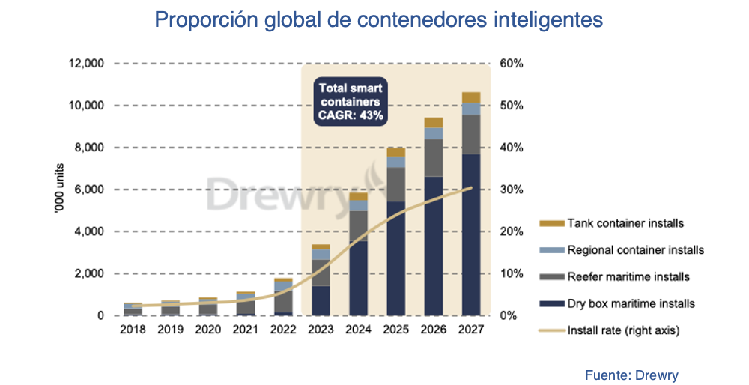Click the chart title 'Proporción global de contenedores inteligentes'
pyautogui.click(x=378, y=20)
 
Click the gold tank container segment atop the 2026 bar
pyautogui.click(x=434, y=122)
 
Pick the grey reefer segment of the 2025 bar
pyautogui.click(x=396, y=184)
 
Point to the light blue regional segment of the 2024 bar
pyautogui.click(x=359, y=205)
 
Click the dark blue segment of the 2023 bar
pyautogui.click(x=321, y=300)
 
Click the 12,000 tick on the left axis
pyautogui.click(x=85, y=64)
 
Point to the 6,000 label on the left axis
pyautogui.click(x=88, y=190)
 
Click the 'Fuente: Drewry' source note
pyautogui.click(x=631, y=375)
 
